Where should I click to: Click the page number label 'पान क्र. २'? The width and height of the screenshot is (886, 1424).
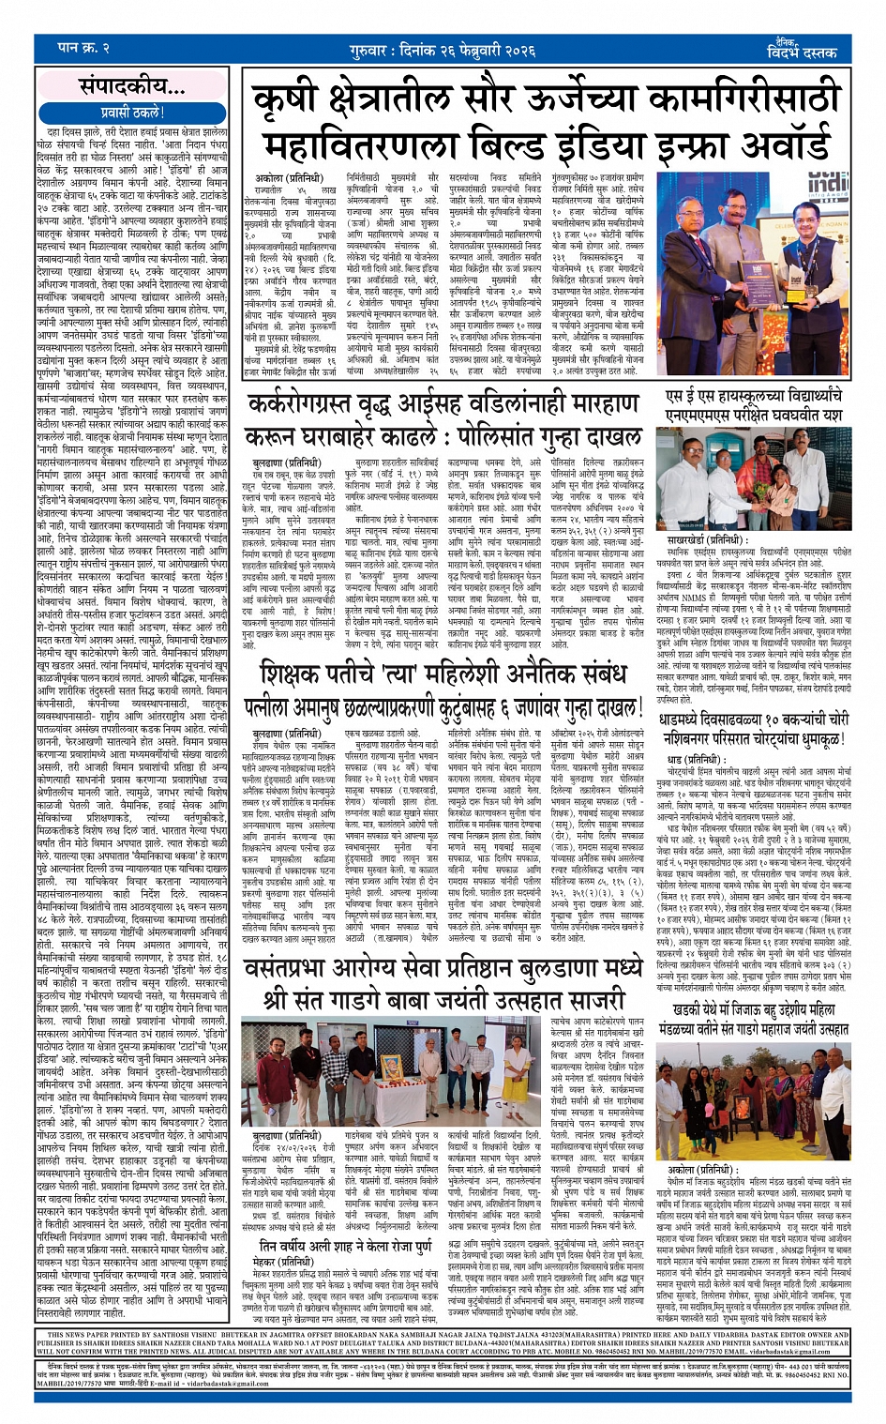click(83, 47)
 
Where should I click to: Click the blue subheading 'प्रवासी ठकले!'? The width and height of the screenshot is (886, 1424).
click(131, 113)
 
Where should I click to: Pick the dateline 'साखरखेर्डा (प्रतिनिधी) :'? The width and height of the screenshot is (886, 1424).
click(705, 540)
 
